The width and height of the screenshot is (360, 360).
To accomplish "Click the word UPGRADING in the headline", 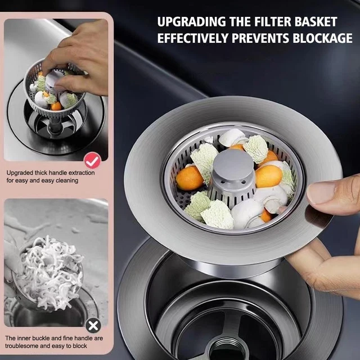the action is tap(192, 22).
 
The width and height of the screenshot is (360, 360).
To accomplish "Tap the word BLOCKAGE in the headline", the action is tap(322, 38).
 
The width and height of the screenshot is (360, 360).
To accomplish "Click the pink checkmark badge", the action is tap(92, 160).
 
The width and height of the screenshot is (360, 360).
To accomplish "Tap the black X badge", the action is tap(93, 325).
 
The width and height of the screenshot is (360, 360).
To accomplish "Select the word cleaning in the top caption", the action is tap(67, 181).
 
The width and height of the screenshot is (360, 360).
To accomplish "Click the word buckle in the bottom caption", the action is tap(40, 338).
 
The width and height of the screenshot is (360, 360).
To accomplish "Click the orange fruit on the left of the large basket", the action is tap(190, 178).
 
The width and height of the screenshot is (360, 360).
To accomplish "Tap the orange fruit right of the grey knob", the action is tap(269, 176).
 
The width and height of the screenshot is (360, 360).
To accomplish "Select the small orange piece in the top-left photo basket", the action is tap(56, 106).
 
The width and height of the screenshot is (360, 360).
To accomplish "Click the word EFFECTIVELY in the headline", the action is tap(193, 38).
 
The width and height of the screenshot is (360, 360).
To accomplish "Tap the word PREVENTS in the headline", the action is tap(260, 38).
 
